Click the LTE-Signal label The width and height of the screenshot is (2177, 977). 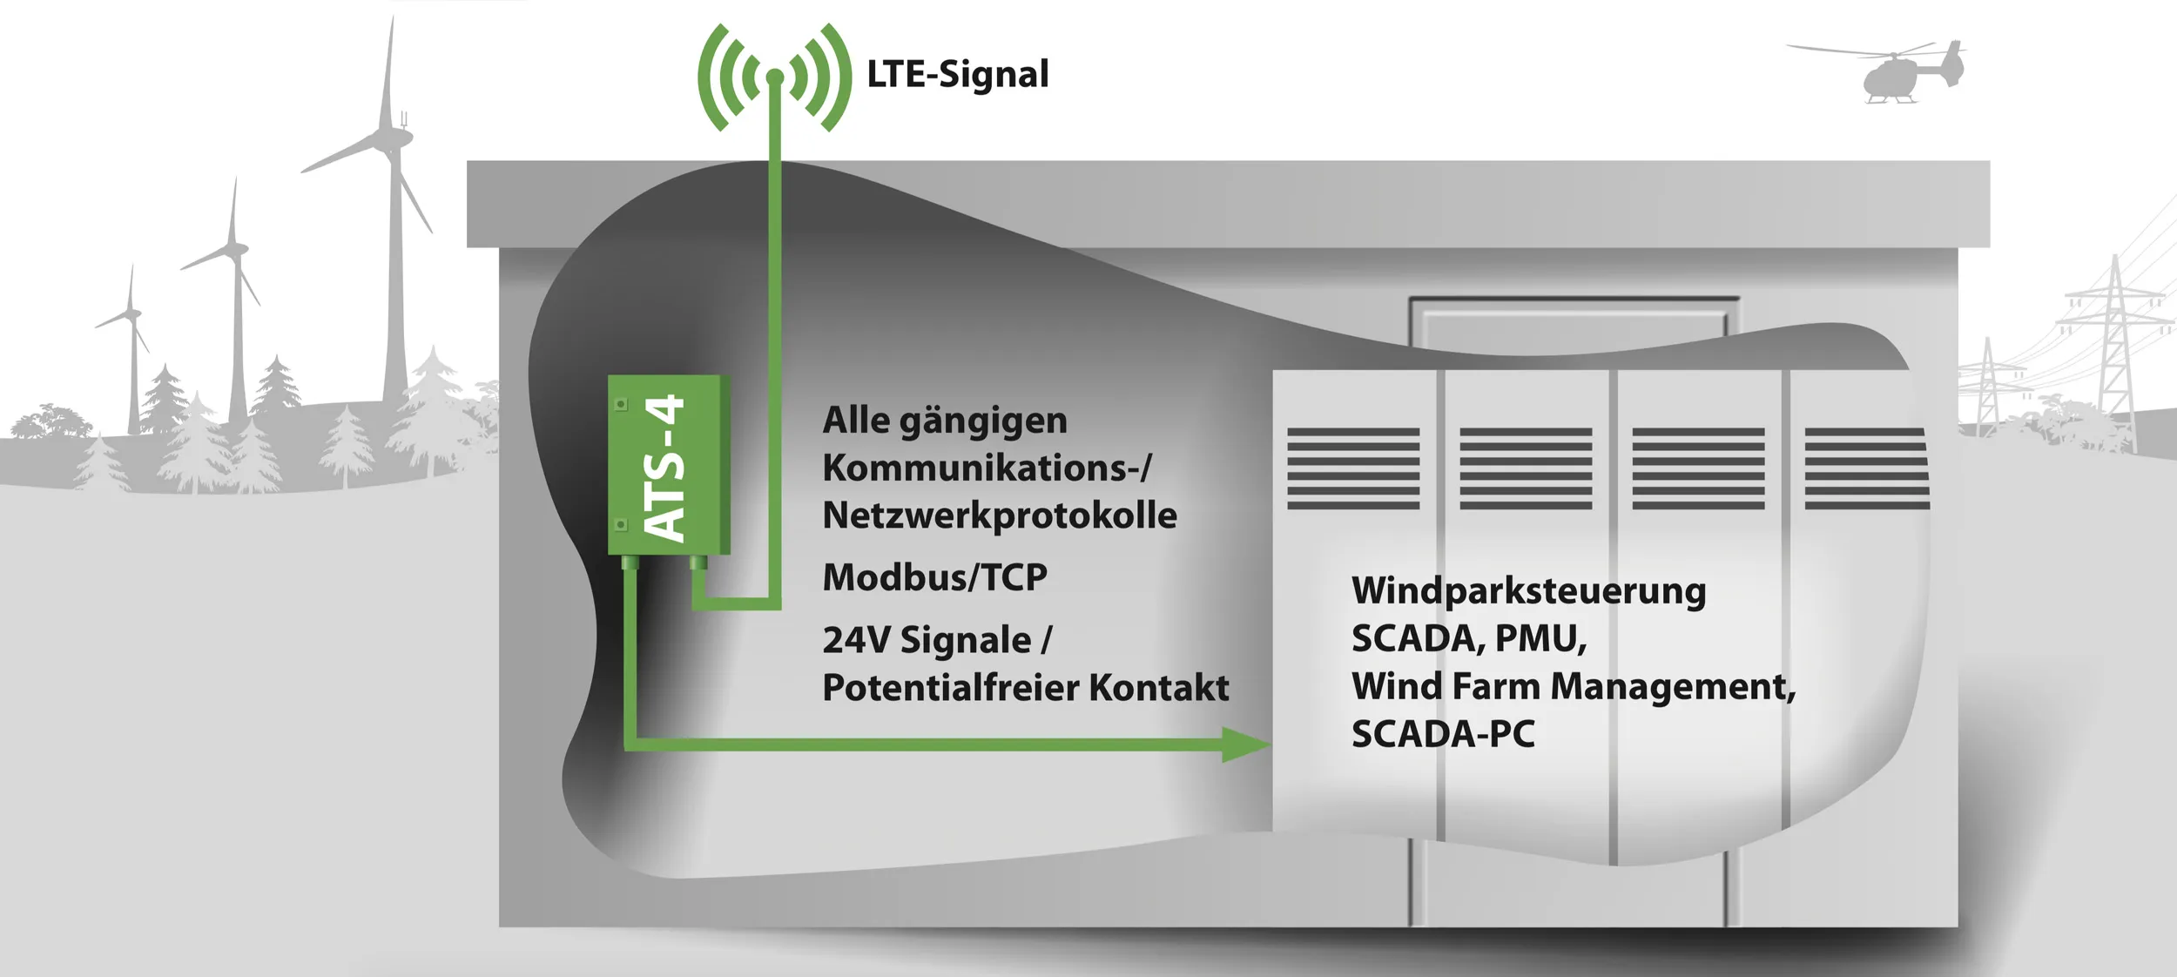[957, 75]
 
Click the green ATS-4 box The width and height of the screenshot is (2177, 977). [668, 465]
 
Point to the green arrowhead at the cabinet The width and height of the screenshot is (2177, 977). [1246, 745]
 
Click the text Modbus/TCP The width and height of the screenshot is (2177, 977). [934, 577]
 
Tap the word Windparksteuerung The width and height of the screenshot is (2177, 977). [1528, 591]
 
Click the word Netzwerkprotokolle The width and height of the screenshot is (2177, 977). [999, 515]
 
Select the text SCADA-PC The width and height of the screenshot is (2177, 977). [1443, 735]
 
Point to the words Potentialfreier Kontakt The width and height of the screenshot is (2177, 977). [1025, 688]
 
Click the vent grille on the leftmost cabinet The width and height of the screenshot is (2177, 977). [1353, 468]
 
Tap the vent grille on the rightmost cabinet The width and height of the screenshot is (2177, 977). [1866, 468]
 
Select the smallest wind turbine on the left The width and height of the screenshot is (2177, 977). [131, 348]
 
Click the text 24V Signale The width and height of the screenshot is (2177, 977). [927, 641]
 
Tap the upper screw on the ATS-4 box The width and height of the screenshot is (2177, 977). [621, 404]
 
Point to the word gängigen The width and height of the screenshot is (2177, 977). [982, 421]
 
